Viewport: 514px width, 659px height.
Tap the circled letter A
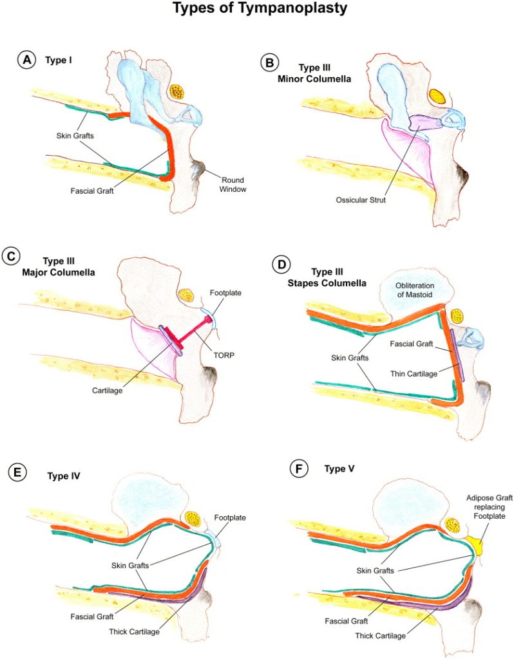point(26,60)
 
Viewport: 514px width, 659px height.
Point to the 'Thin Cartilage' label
point(407,372)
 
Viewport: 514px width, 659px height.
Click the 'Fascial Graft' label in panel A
point(91,190)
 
